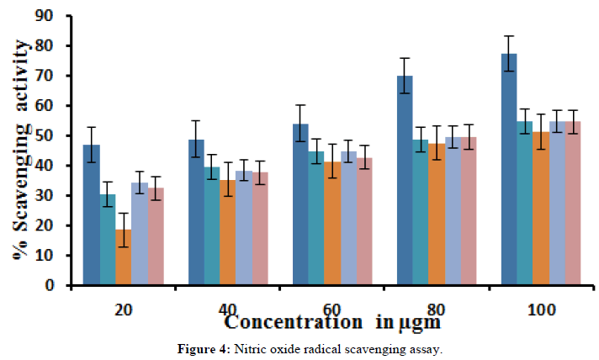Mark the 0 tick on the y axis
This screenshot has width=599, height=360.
61,285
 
